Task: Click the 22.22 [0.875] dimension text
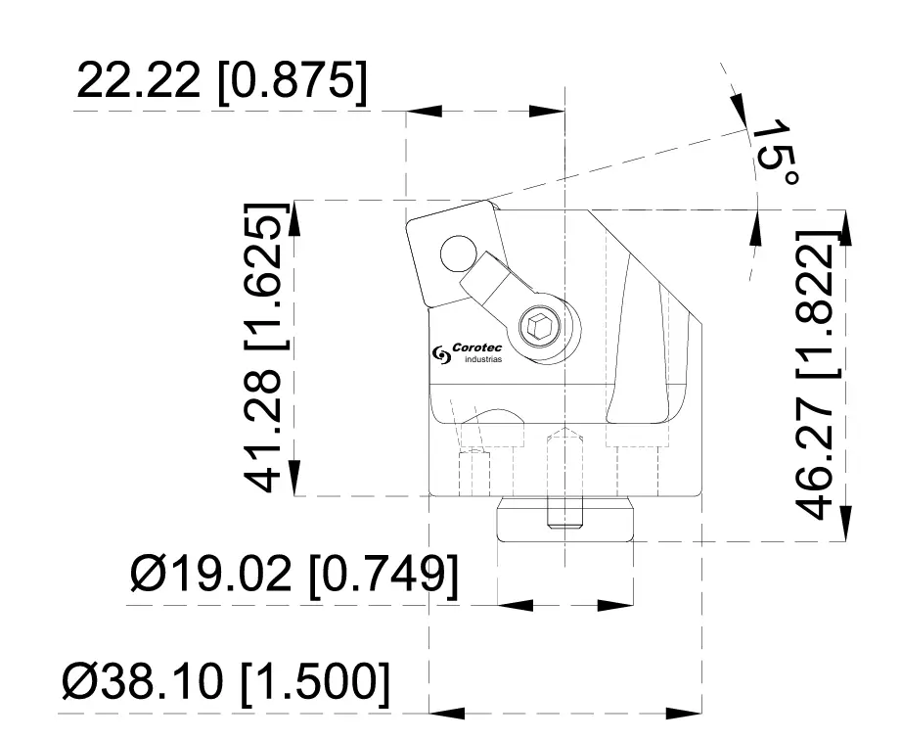(223, 83)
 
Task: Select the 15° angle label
(777, 153)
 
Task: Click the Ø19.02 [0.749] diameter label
(293, 575)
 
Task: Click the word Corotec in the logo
(477, 347)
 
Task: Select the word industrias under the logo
(482, 360)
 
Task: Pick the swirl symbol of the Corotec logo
(439, 354)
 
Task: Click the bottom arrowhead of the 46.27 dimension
(846, 524)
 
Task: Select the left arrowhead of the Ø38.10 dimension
(446, 711)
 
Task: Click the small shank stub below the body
(564, 518)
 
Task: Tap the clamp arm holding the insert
(499, 289)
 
